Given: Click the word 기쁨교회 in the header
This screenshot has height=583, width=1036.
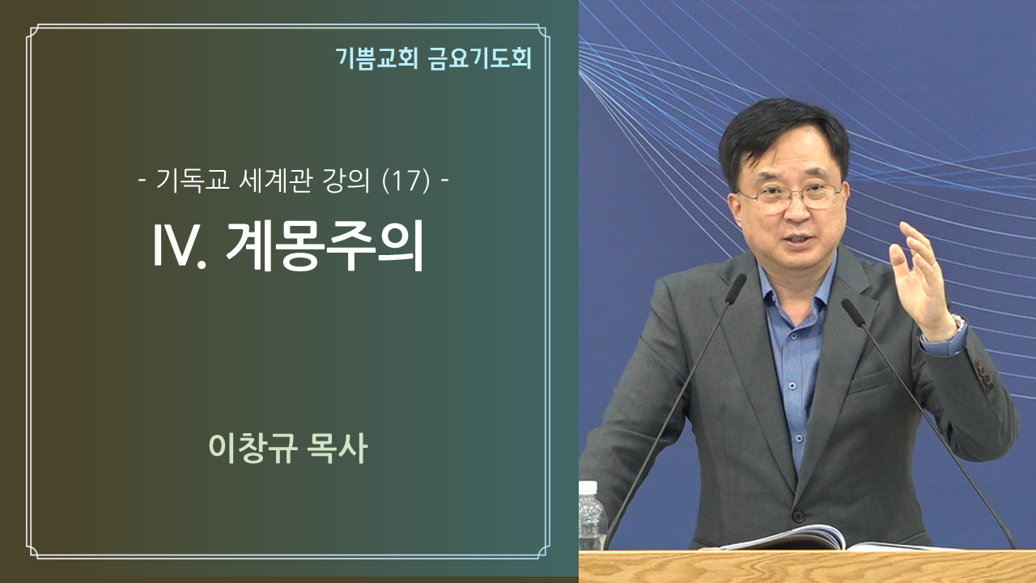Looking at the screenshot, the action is [377, 58].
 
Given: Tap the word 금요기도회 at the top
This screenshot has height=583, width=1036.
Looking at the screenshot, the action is [480, 58].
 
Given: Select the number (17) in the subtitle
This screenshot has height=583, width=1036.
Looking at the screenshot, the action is [406, 181].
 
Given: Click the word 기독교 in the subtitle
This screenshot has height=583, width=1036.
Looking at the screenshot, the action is [193, 180].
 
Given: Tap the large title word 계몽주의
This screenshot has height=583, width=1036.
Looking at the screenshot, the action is [325, 245].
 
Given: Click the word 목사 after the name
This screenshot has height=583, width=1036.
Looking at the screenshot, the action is [338, 448].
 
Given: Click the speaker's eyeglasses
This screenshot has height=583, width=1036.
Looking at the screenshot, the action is [790, 197].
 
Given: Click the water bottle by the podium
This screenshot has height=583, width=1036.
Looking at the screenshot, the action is [591, 516].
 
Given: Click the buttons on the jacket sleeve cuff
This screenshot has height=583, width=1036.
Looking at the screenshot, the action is [984, 376].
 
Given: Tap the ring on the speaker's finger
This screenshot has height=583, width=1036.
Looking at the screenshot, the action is [936, 265].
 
